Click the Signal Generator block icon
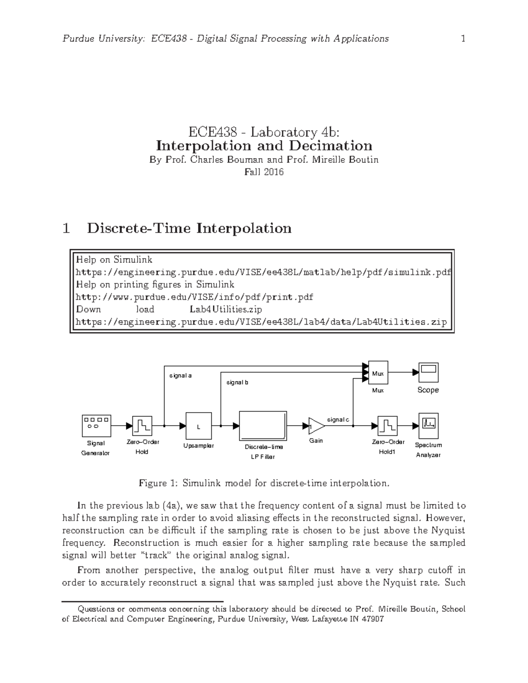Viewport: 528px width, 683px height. (x=96, y=426)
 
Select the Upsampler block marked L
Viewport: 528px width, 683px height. (x=198, y=426)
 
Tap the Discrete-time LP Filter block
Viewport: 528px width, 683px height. (x=263, y=426)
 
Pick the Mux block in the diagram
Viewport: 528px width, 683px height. (x=378, y=373)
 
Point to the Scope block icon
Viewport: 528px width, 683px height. (x=428, y=373)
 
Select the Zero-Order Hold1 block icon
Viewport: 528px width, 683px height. (x=387, y=426)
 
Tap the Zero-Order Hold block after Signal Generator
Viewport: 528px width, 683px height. (x=142, y=426)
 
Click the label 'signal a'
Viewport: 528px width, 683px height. (x=180, y=376)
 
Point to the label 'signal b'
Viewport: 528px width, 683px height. (x=237, y=382)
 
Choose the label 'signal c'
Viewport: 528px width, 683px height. (x=338, y=420)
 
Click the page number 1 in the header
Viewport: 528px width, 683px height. (x=463, y=39)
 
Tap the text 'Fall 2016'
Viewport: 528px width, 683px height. (x=264, y=172)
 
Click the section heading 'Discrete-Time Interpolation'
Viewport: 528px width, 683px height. (x=189, y=228)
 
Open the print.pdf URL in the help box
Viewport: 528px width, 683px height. (x=194, y=297)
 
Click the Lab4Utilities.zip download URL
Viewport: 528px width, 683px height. (x=261, y=322)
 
